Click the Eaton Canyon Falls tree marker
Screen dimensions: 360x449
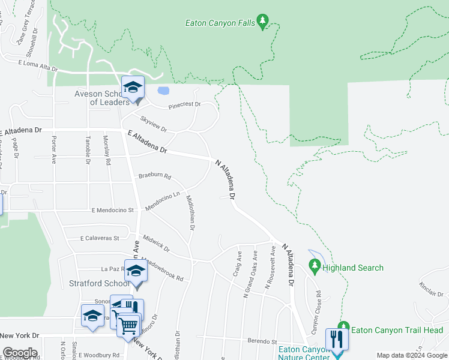click(x=262, y=23)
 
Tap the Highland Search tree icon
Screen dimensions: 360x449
click(x=314, y=265)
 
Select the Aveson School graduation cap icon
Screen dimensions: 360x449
click(x=133, y=88)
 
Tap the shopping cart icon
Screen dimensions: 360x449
click(x=127, y=326)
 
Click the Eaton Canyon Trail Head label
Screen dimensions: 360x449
click(x=397, y=330)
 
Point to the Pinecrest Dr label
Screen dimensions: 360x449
click(x=184, y=105)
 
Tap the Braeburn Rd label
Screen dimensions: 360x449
click(x=155, y=177)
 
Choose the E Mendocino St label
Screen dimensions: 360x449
click(x=112, y=211)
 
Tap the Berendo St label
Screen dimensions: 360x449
click(x=262, y=341)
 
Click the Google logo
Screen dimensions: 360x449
click(x=19, y=353)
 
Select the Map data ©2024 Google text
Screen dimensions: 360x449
click(x=411, y=355)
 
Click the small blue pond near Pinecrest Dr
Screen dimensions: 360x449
click(x=162, y=92)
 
